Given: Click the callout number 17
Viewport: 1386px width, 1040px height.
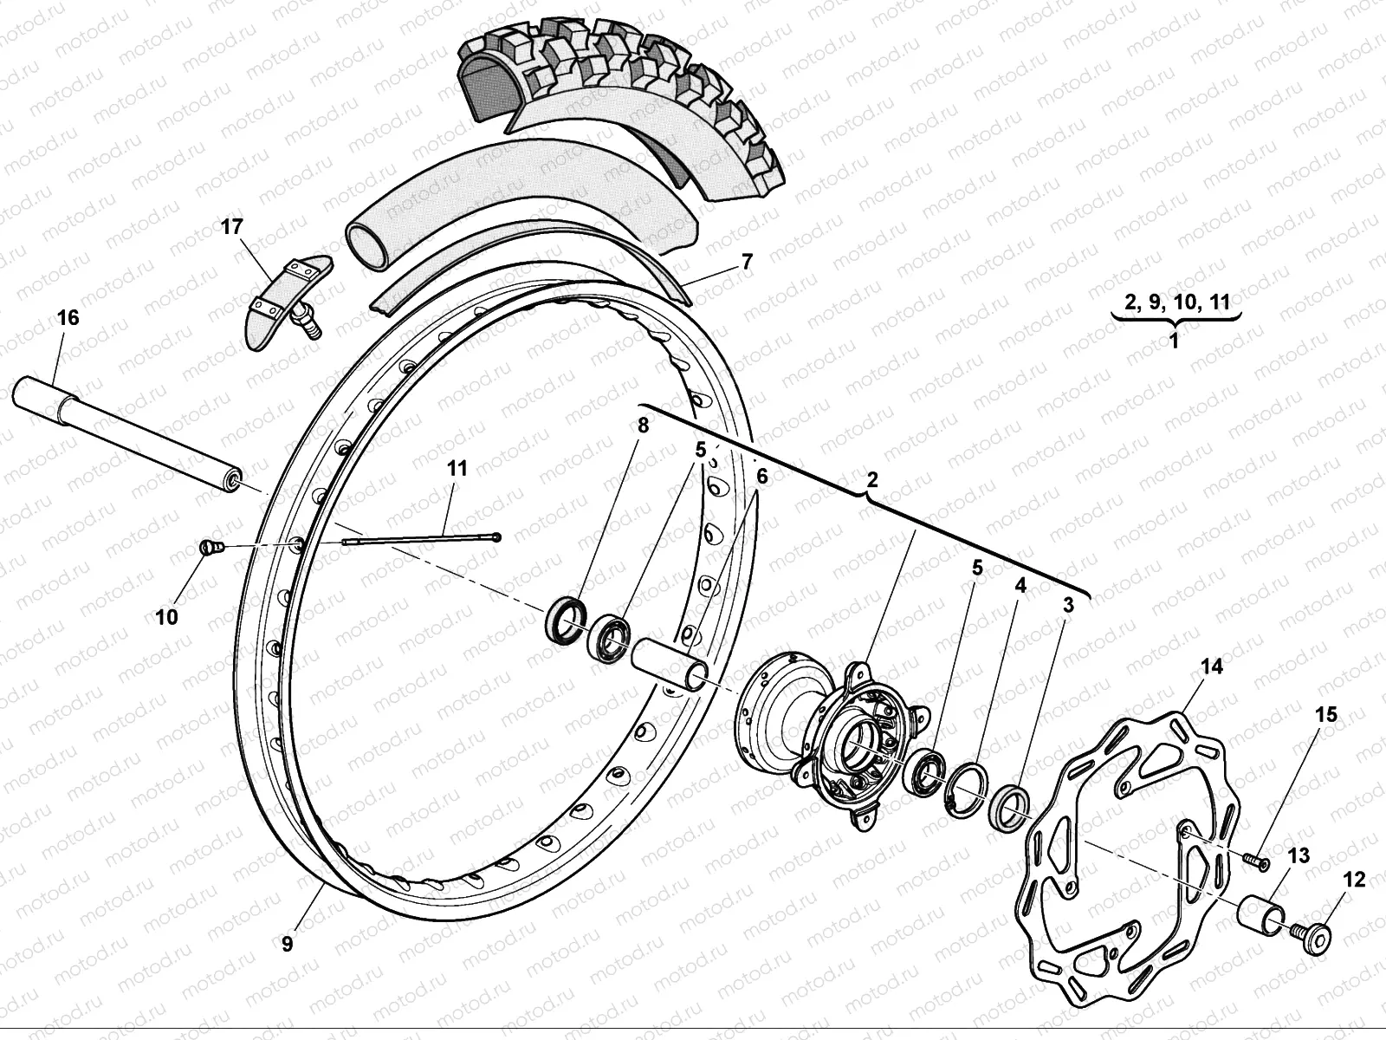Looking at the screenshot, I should pos(232,227).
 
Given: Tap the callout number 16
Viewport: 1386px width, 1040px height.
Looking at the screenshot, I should pos(67,318).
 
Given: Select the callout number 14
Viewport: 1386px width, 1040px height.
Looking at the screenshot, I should pos(1211,666).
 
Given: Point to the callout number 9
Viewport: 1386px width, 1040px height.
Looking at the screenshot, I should pos(287,944).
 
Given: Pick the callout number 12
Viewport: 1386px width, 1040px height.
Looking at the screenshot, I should pos(1354,881).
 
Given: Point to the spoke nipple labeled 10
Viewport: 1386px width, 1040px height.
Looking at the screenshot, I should pos(210,547).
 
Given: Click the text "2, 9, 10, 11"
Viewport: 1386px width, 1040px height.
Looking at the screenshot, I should pos(1176,301).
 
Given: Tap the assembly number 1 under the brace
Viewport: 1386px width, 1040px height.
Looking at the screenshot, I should pos(1175,341).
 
